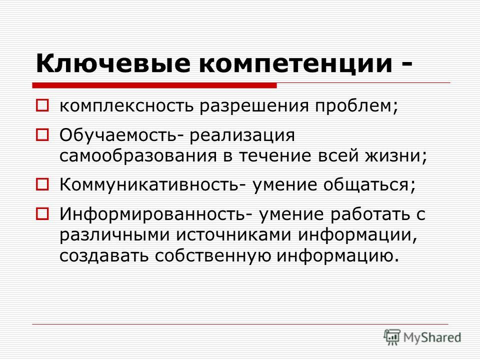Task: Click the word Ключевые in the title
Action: point(113,63)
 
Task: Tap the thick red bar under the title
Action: point(154,85)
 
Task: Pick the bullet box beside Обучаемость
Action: point(42,134)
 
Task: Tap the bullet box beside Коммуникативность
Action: point(42,184)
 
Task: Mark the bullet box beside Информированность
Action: point(42,213)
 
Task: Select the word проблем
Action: point(355,106)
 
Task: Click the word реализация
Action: point(242,136)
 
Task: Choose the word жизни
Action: point(393,156)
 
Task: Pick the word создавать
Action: point(104,255)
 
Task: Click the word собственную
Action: point(213,255)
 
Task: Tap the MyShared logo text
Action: point(432,337)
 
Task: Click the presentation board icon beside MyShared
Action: point(392,337)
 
